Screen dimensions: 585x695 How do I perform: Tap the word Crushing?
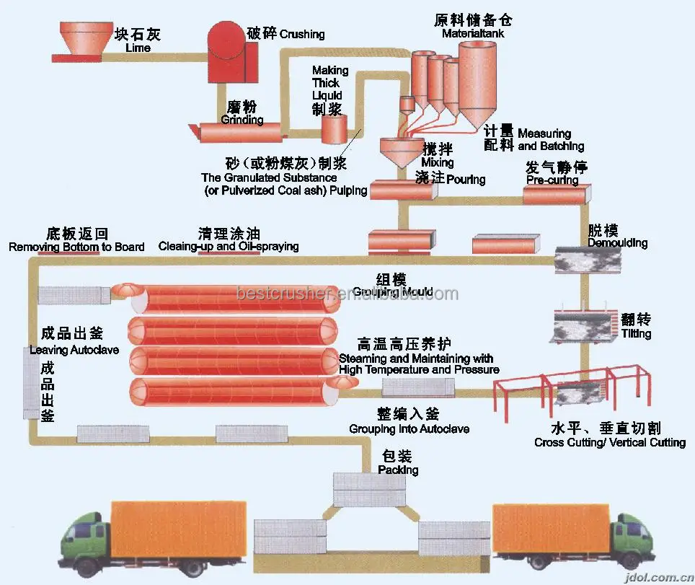(x=302, y=34)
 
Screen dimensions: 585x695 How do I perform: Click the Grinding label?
(x=242, y=120)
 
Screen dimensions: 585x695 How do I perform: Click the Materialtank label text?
(x=473, y=33)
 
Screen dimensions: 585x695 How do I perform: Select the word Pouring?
(x=466, y=179)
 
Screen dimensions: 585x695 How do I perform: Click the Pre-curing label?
(x=552, y=180)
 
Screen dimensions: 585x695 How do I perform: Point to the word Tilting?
(x=636, y=333)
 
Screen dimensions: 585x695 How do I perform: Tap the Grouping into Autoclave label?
(x=409, y=429)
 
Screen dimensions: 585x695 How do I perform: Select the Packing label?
(x=397, y=470)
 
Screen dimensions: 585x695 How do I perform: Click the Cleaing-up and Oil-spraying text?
(x=229, y=247)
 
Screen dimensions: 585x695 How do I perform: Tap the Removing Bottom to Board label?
(x=76, y=247)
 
